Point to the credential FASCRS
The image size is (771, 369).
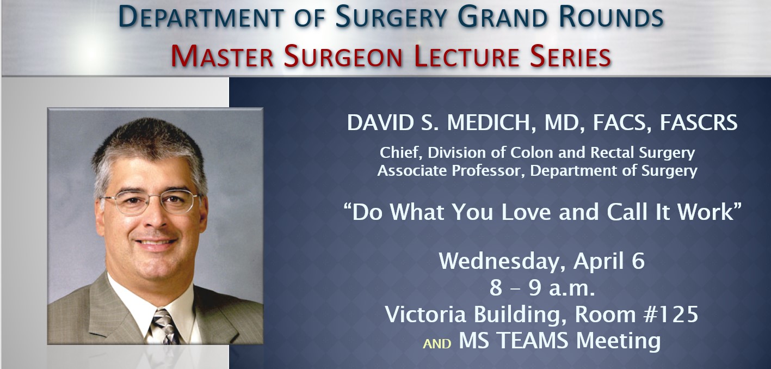[x=699, y=122]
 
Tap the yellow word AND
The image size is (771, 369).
[x=437, y=344]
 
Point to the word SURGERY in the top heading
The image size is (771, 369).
[x=391, y=17]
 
